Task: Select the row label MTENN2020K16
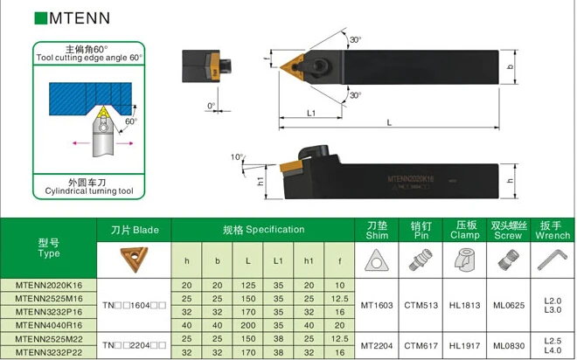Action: (x=49, y=286)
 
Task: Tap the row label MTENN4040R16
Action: (x=49, y=323)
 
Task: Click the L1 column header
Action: (x=278, y=261)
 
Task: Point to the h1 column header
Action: (x=309, y=261)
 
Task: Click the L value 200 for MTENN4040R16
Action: (x=248, y=323)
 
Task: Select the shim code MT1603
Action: (x=376, y=305)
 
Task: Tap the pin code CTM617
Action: (x=421, y=343)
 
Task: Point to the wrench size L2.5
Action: (x=552, y=339)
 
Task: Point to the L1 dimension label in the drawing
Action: (x=312, y=114)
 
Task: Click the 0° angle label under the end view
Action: (x=211, y=106)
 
